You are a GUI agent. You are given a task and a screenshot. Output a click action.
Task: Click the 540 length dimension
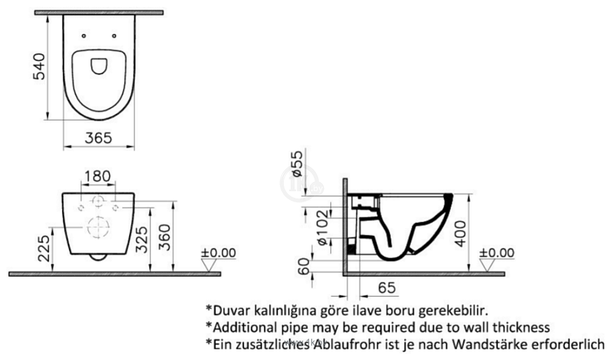39,67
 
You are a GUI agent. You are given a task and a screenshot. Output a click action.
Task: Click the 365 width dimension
98,138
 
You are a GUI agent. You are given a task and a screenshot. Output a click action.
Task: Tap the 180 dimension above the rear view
98,177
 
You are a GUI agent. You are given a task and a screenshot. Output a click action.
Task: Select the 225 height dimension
44,249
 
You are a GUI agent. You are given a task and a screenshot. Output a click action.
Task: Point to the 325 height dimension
142,239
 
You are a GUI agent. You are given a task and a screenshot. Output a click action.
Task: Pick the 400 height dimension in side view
460,234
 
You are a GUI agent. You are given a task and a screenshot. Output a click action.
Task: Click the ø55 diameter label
297,163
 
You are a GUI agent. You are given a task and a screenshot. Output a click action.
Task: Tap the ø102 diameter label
323,228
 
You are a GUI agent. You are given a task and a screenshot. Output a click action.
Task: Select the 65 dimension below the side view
386,288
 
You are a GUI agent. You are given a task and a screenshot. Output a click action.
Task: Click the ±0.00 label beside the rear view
219,253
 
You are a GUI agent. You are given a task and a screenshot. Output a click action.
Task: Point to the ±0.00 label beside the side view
497,252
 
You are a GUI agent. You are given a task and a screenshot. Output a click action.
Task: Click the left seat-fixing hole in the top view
83,36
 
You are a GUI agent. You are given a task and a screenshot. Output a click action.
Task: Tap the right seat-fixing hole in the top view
114,36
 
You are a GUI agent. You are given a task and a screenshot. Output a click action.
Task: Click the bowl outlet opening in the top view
99,66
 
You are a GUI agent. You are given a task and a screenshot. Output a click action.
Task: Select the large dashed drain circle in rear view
98,227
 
